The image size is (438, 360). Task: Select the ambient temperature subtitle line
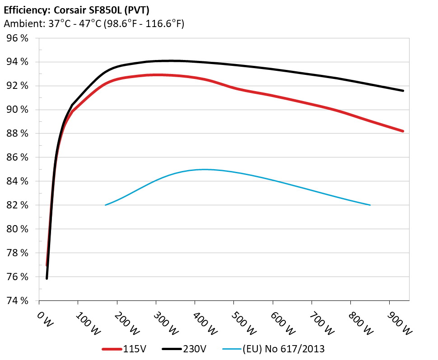[x=94, y=24]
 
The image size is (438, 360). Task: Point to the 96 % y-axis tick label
[x=17, y=38]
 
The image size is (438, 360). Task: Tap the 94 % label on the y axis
[x=17, y=62]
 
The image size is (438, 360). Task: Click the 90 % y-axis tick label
[x=17, y=110]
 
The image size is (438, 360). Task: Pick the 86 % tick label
[x=17, y=157]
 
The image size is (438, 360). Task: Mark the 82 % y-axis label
[x=17, y=205]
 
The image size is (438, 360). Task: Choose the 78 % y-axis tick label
[x=17, y=253]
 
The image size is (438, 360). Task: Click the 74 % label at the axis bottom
[x=17, y=300]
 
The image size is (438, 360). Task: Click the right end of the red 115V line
[x=403, y=131]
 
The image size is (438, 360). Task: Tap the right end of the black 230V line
[x=403, y=91]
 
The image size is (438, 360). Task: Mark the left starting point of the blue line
[x=106, y=205]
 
